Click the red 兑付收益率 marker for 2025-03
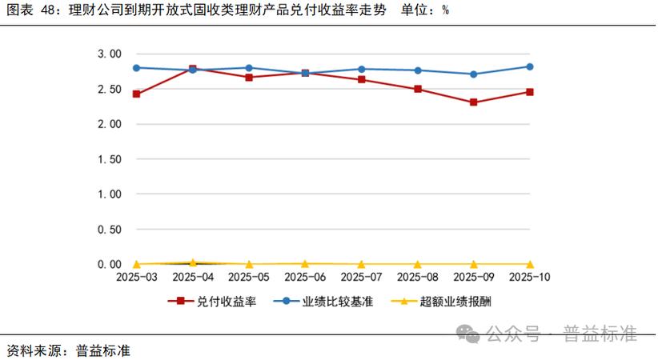(x=137, y=94)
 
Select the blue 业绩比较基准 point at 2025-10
(x=530, y=66)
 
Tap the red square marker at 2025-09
(x=474, y=102)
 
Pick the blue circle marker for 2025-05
(x=249, y=68)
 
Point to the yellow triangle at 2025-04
(x=193, y=262)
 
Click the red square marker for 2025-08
(x=418, y=89)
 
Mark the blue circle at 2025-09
(x=474, y=74)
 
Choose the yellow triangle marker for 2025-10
(x=530, y=264)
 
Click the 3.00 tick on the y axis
(x=109, y=54)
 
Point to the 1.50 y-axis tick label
(x=109, y=159)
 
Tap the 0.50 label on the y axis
(x=109, y=229)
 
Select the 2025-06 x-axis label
(x=305, y=278)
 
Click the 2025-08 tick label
(x=418, y=278)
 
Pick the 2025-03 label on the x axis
(x=137, y=278)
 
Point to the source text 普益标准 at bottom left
(x=103, y=350)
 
